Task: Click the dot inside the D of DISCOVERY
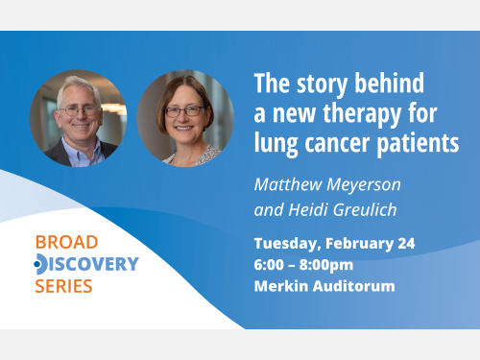click(37, 263)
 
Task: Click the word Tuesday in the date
click(287, 243)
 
